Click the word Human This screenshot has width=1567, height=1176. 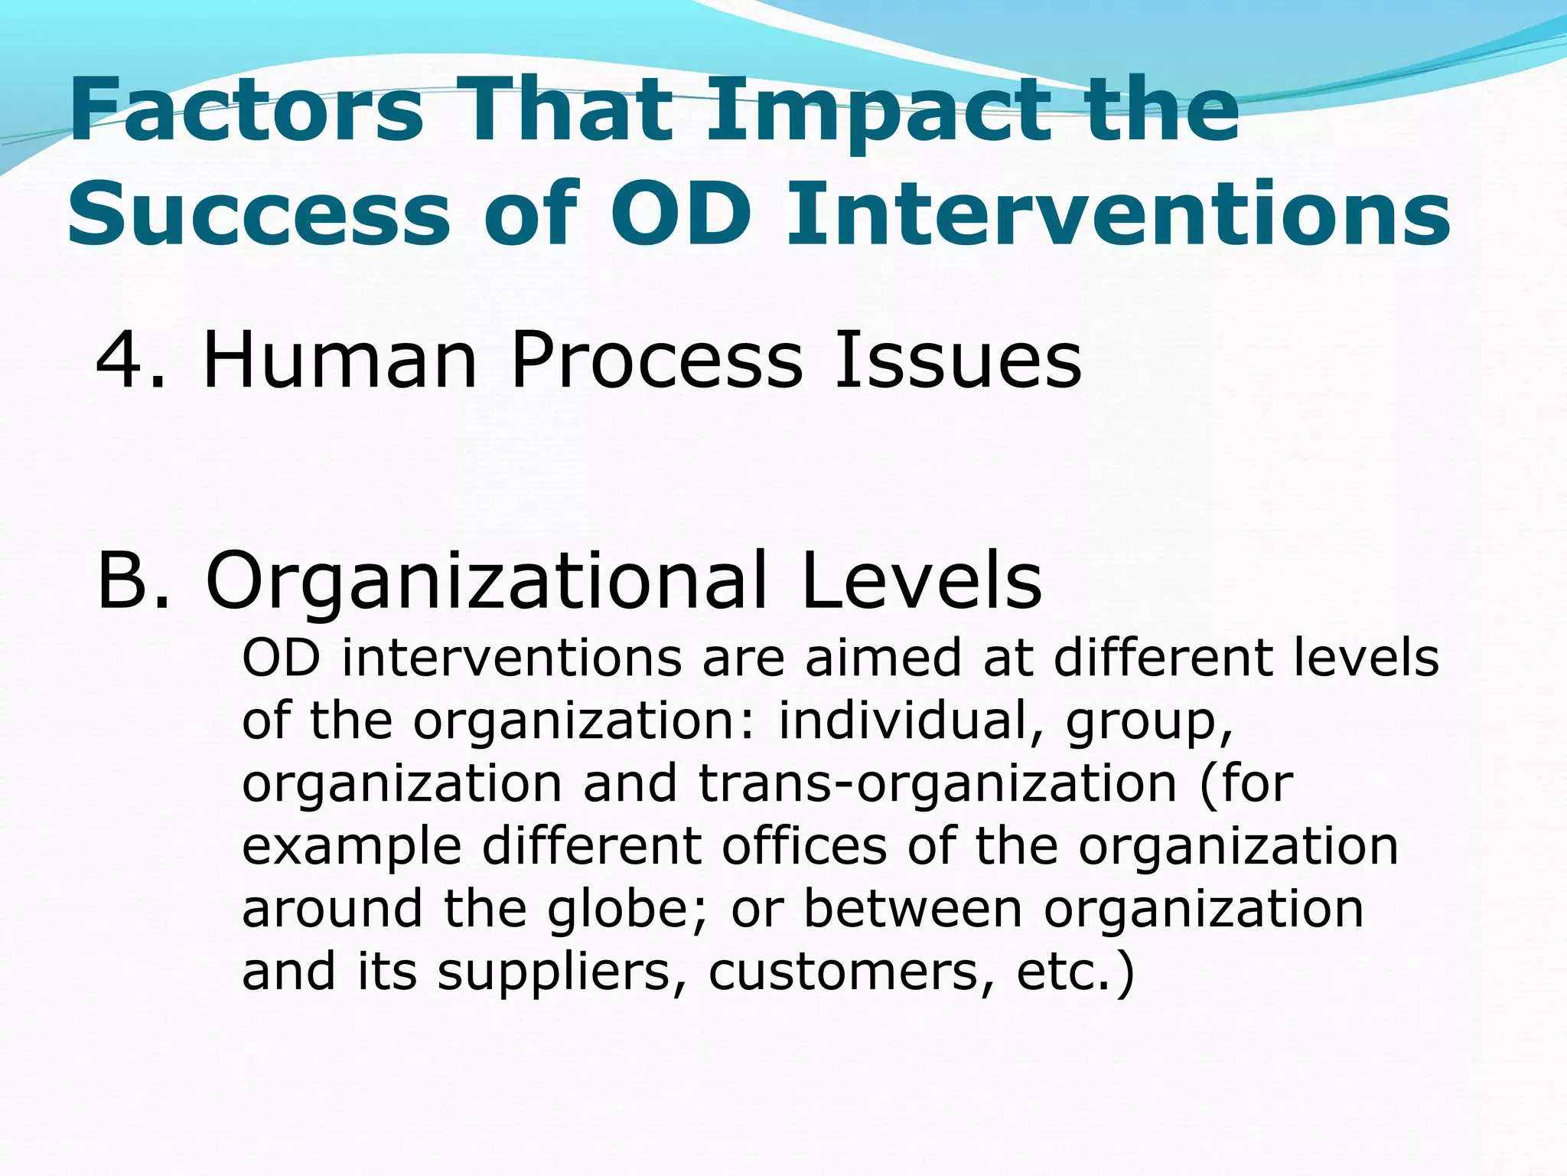(x=340, y=360)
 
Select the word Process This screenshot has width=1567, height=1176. (x=657, y=360)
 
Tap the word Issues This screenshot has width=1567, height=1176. (x=958, y=360)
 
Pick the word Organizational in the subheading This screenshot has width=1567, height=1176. (x=486, y=582)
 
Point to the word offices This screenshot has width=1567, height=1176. (x=804, y=846)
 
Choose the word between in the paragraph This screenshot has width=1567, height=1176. (x=914, y=909)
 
